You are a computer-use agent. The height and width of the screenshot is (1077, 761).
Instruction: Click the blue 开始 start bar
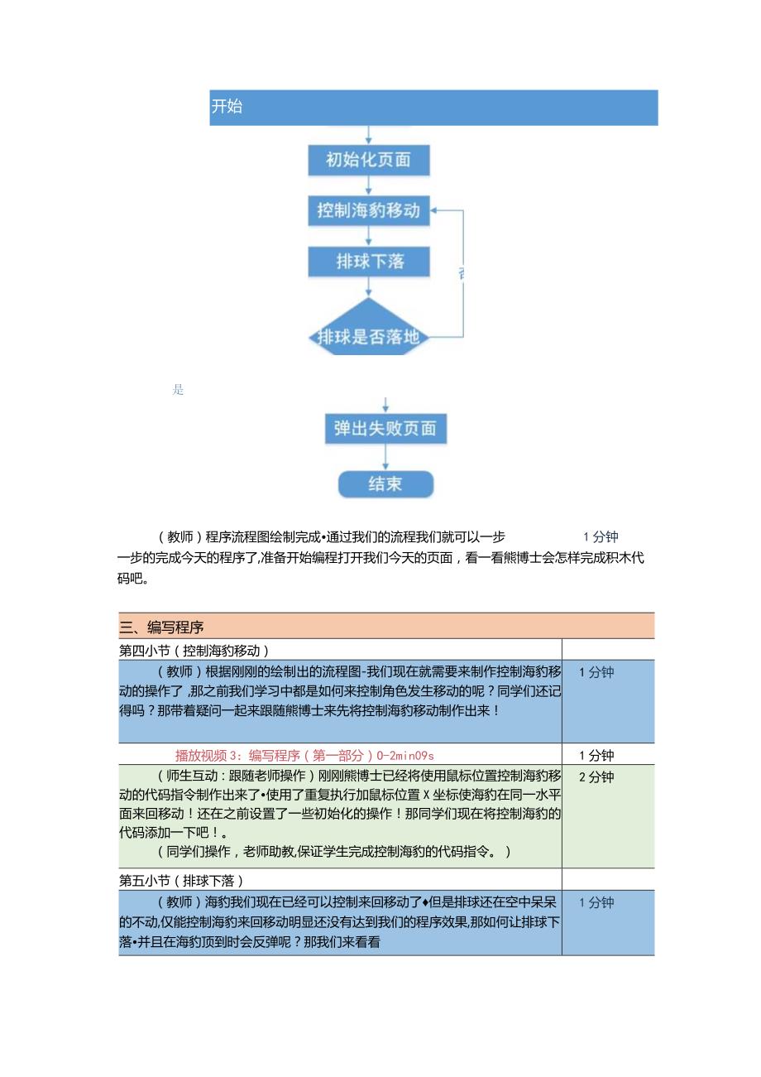tap(433, 108)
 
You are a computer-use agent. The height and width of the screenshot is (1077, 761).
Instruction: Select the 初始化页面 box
tap(369, 160)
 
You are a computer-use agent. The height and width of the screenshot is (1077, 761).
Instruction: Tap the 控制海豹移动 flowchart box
tap(369, 210)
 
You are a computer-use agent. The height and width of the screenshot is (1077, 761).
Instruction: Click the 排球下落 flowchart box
tap(369, 262)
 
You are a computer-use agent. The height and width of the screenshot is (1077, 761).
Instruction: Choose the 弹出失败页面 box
tap(385, 429)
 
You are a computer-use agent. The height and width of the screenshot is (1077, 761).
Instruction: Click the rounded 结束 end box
tap(385, 483)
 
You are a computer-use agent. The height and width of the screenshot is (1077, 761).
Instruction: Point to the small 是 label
tap(178, 390)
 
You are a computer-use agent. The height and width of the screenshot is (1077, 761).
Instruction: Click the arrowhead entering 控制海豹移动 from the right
tap(436, 210)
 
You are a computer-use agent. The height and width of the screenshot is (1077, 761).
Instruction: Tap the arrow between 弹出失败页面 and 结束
tap(385, 458)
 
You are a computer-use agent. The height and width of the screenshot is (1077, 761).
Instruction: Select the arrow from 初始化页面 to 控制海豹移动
tap(369, 185)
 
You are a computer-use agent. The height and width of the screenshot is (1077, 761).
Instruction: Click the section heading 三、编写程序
tap(162, 627)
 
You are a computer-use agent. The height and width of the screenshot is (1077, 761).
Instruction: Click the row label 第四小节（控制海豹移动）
tap(194, 651)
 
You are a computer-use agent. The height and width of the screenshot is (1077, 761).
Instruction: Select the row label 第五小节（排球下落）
tap(181, 880)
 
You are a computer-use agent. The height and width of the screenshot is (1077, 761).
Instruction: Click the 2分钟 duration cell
tap(596, 776)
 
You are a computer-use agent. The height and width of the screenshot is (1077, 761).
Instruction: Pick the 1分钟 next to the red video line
tap(596, 755)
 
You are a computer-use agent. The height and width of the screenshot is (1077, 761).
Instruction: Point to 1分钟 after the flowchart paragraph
tap(601, 536)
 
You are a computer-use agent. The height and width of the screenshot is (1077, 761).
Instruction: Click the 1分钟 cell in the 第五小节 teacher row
tap(596, 902)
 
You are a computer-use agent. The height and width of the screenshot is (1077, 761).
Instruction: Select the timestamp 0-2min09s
tap(405, 755)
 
